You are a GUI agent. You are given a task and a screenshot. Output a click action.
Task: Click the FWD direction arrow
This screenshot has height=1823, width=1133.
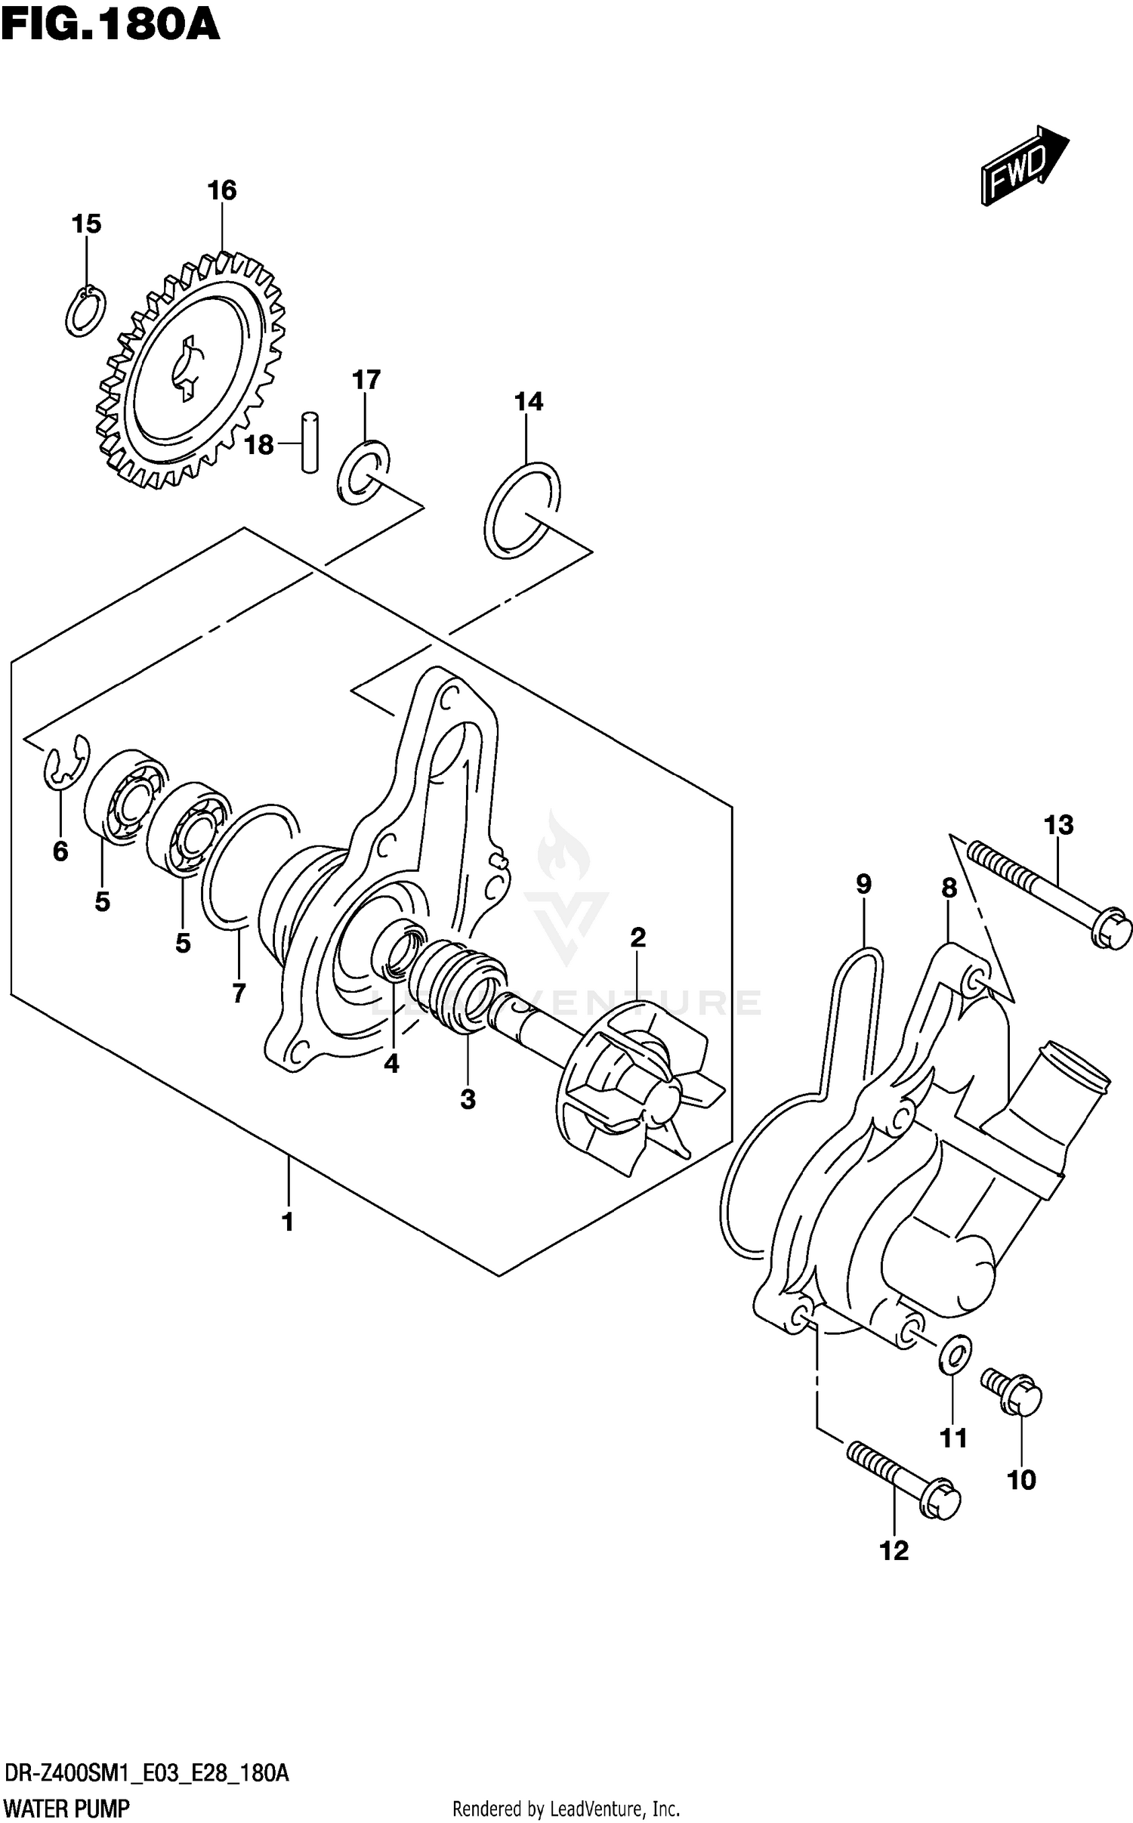coord(1024,165)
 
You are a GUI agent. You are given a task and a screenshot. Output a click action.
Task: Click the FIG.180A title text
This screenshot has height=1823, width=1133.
coord(110,26)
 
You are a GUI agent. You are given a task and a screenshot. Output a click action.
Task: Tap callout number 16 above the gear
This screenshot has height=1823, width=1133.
coord(222,190)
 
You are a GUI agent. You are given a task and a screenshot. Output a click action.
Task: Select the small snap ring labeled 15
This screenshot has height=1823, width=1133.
coord(85,311)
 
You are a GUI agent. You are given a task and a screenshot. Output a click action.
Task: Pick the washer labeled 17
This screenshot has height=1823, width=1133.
coord(363,471)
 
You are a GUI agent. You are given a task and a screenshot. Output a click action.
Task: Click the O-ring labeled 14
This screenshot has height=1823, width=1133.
coord(522,510)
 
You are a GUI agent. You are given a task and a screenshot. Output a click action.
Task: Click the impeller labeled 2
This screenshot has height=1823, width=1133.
coord(638,1088)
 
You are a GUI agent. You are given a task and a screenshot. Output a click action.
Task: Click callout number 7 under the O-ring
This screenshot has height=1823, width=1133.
coord(239,992)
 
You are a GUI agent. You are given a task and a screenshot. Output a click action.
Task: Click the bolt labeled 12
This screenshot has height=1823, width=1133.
coord(903,1475)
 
